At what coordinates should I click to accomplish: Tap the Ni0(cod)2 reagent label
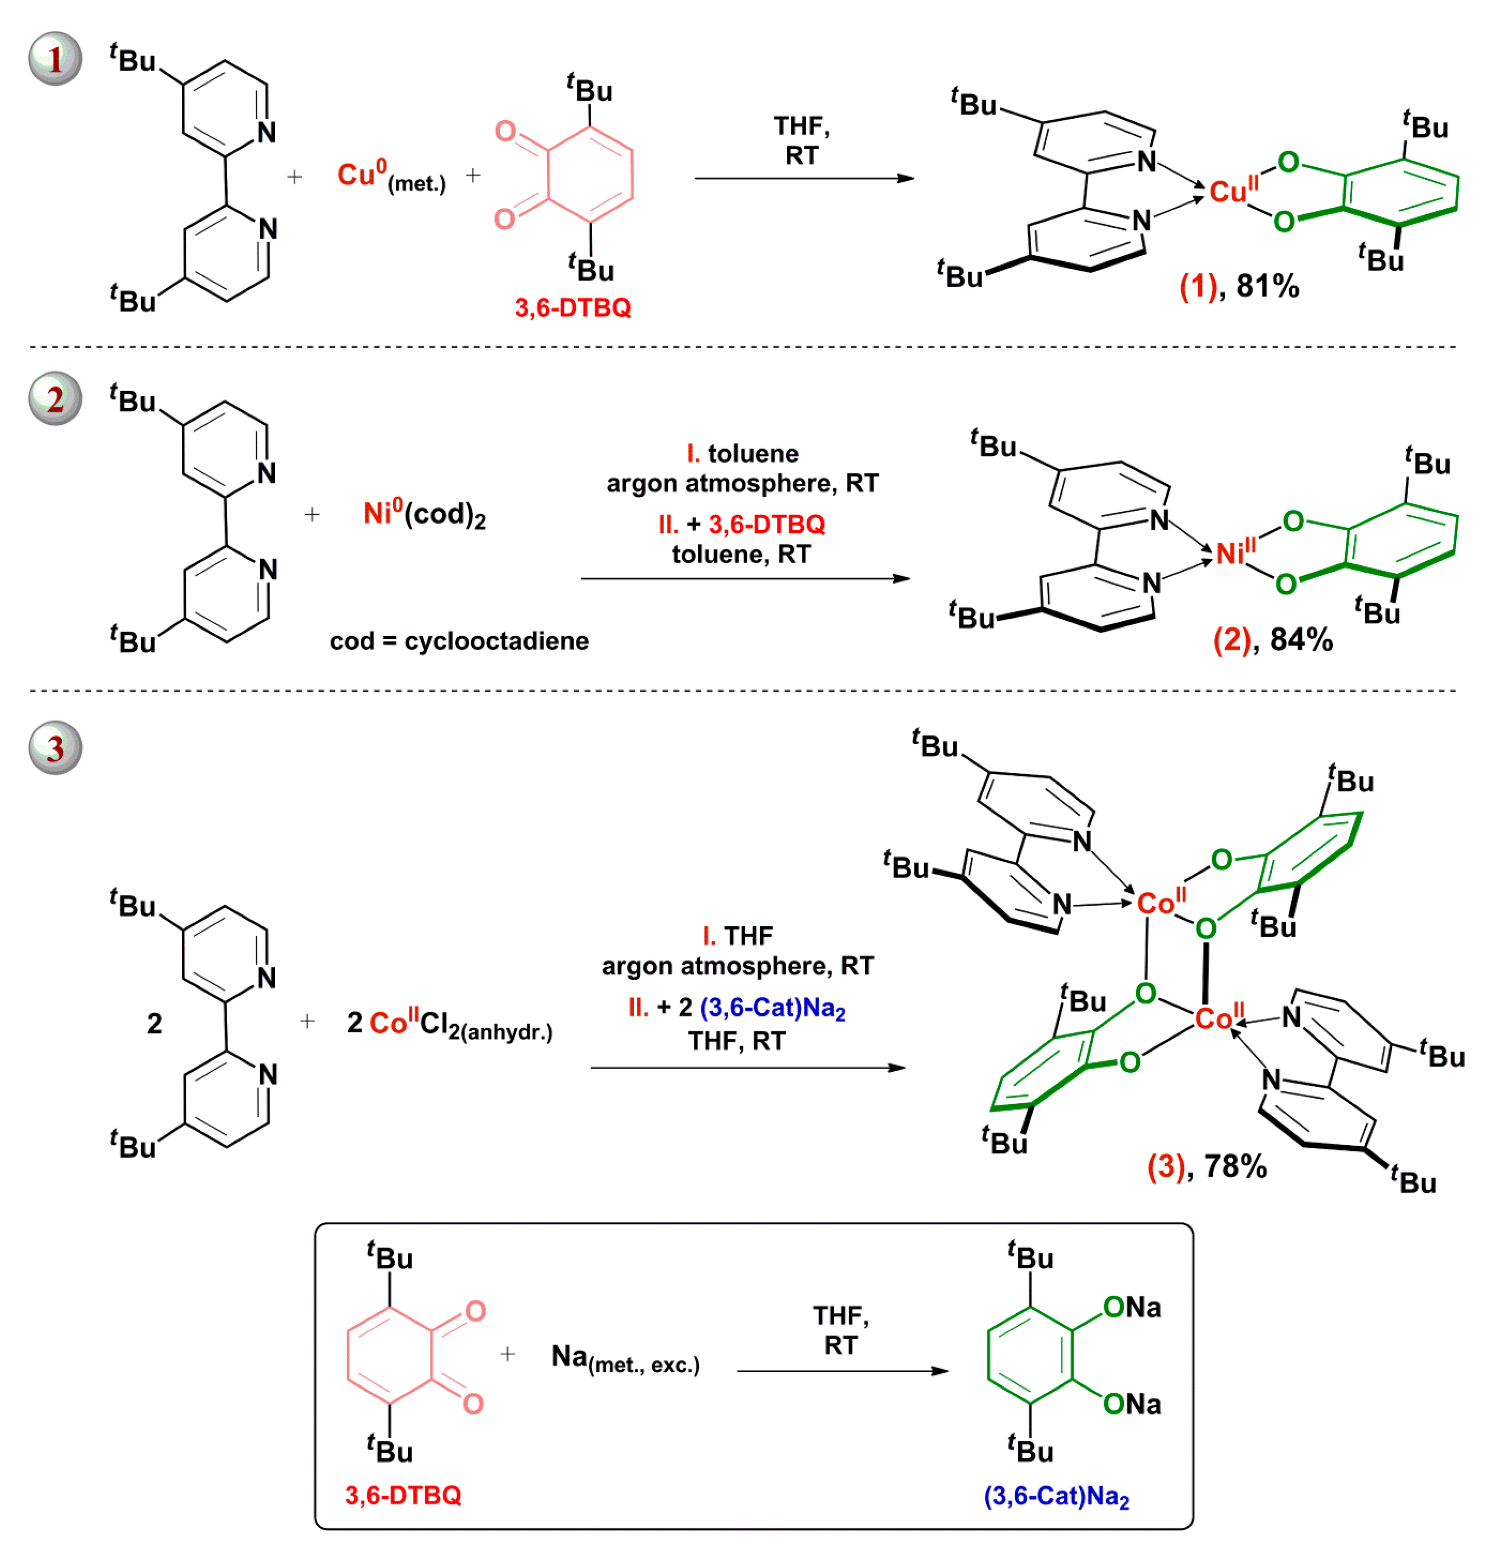(424, 514)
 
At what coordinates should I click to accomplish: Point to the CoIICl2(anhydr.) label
(449, 1024)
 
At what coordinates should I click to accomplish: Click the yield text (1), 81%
(1239, 287)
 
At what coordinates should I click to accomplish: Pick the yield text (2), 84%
(1272, 640)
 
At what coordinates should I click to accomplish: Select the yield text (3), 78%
(1206, 1166)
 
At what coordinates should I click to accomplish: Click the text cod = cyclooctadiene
(459, 641)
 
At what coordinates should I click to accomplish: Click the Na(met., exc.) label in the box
(625, 1358)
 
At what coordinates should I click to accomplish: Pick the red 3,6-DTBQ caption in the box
(403, 1495)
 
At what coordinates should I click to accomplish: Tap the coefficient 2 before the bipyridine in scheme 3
(154, 1024)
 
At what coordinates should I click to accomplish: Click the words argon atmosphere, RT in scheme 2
(742, 483)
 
